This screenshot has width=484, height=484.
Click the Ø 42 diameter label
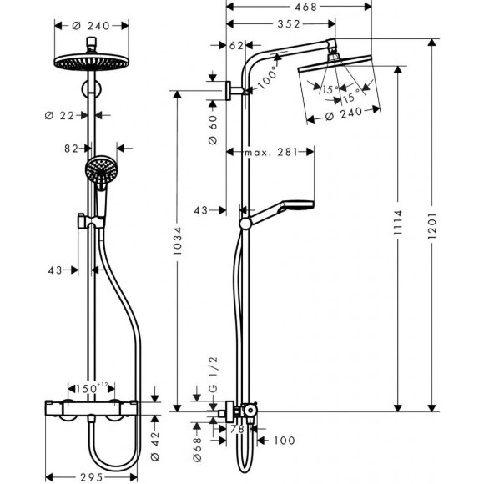pos(157,441)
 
